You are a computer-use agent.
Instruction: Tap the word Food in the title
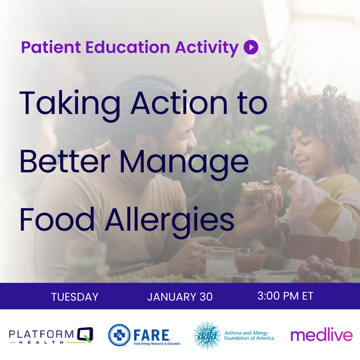(x=56, y=219)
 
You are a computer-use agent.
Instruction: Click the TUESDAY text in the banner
(x=75, y=297)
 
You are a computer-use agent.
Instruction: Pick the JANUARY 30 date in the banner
(x=180, y=297)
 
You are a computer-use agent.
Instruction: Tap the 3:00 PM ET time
(x=286, y=296)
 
